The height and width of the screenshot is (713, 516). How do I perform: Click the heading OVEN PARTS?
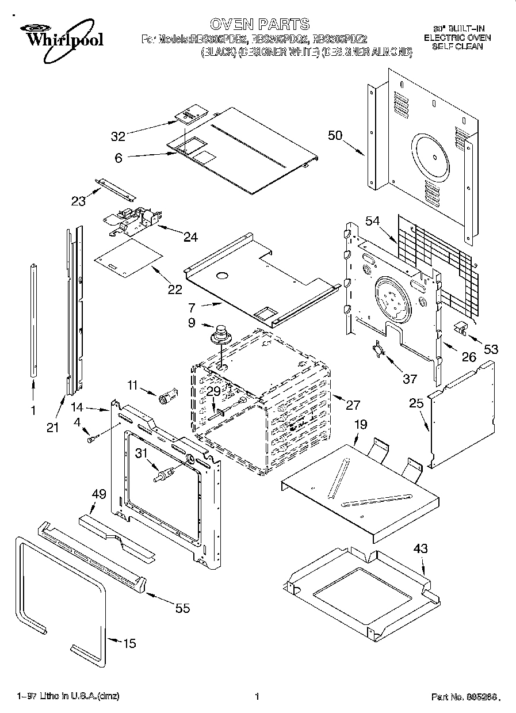point(259,24)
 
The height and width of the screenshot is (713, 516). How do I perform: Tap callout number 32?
point(118,136)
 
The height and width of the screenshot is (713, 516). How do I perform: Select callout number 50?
point(335,136)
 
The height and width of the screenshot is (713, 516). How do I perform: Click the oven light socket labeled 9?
point(220,334)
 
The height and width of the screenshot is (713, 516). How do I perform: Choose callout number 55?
point(182,608)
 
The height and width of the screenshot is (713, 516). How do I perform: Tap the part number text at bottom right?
point(463,697)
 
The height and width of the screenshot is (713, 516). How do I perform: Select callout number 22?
point(175,289)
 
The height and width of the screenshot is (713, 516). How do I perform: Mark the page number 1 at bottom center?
point(257,696)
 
